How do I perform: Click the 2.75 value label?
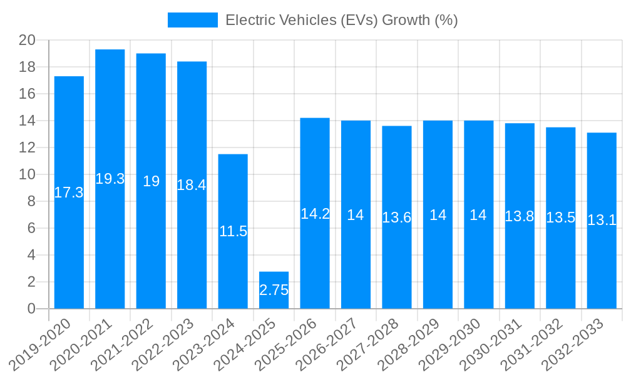[x=274, y=290]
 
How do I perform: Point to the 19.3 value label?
[x=110, y=179]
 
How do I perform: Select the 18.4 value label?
[x=192, y=185]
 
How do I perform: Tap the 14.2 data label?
[x=315, y=214]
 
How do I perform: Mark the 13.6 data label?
[x=397, y=217]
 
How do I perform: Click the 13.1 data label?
[x=602, y=220]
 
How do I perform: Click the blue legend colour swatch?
[x=192, y=20]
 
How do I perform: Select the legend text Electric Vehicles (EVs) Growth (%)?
[x=341, y=20]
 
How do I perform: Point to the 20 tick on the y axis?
[x=27, y=41]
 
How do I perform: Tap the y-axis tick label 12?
[x=27, y=147]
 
